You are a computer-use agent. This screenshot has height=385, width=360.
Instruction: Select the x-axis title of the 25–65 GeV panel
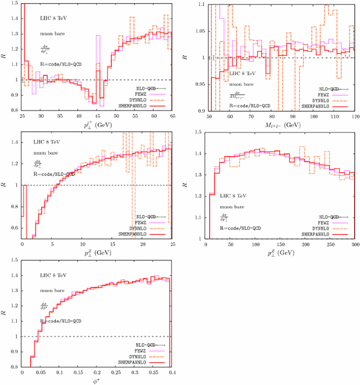tap(97, 124)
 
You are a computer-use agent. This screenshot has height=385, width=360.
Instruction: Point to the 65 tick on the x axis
tap(172, 115)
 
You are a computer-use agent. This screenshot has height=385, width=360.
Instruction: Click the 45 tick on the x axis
tap(97, 115)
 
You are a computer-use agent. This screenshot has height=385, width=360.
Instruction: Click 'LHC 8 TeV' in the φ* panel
tap(54, 275)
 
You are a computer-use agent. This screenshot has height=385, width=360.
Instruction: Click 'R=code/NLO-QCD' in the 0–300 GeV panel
tap(240, 228)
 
